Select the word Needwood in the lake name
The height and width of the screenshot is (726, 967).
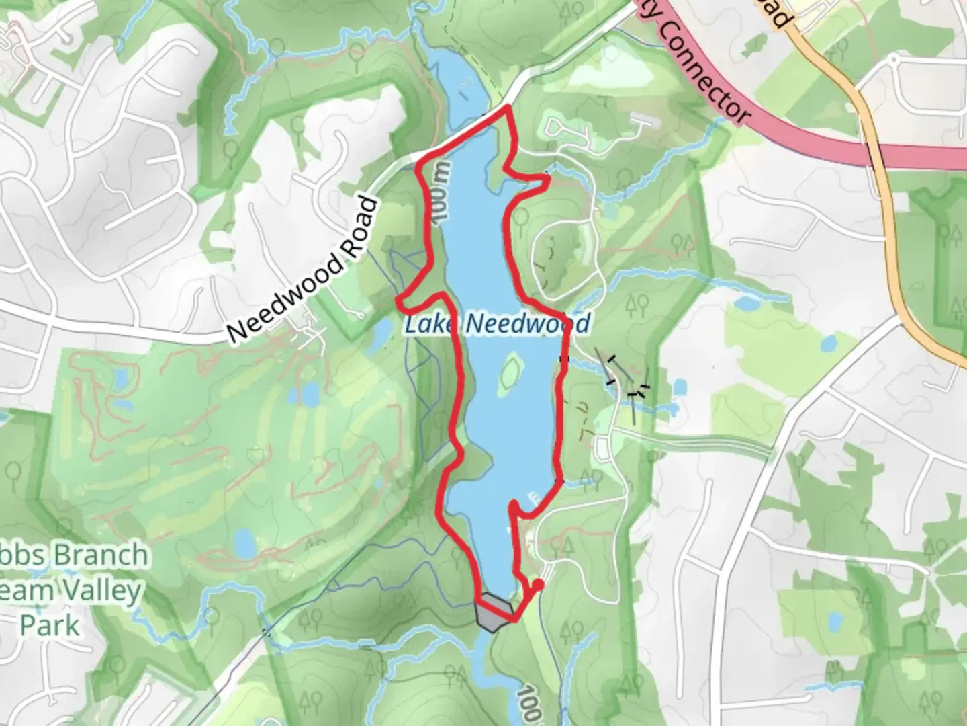click(x=528, y=324)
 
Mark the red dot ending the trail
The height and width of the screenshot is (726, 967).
click(x=537, y=585)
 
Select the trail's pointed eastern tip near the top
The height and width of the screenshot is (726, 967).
click(x=549, y=179)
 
